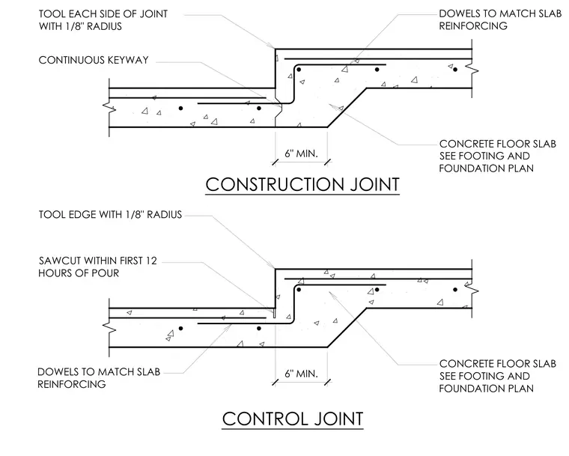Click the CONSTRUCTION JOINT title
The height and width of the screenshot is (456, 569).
pyautogui.click(x=302, y=184)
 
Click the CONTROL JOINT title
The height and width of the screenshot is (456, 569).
pyautogui.click(x=293, y=419)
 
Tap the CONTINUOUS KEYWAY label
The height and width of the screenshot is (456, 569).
pyautogui.click(x=94, y=60)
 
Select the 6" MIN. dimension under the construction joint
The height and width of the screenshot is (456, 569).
pyautogui.click(x=301, y=153)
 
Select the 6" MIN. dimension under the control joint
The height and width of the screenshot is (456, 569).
pyautogui.click(x=301, y=374)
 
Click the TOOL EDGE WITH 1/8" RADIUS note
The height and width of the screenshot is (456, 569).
pyautogui.click(x=110, y=215)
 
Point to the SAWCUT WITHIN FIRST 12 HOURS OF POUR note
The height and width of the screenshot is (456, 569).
pyautogui.click(x=97, y=267)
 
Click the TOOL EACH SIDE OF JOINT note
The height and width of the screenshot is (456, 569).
pyautogui.click(x=103, y=20)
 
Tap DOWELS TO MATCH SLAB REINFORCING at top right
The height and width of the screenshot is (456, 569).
pyautogui.click(x=500, y=19)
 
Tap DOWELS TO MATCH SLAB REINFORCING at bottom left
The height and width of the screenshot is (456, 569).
pyautogui.click(x=99, y=378)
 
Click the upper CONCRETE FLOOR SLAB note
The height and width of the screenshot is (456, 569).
pyautogui.click(x=498, y=156)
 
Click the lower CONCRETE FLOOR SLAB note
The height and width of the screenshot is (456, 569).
pyautogui.click(x=498, y=376)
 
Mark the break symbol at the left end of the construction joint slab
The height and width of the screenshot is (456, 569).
pyautogui.click(x=109, y=108)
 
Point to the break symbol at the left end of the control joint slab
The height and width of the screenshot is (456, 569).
pyautogui.click(x=109, y=327)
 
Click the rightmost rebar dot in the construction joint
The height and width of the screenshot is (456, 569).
pyautogui.click(x=455, y=70)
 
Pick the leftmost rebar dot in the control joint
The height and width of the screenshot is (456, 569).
pyautogui.click(x=180, y=329)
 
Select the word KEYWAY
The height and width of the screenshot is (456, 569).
pyautogui.click(x=124, y=60)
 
